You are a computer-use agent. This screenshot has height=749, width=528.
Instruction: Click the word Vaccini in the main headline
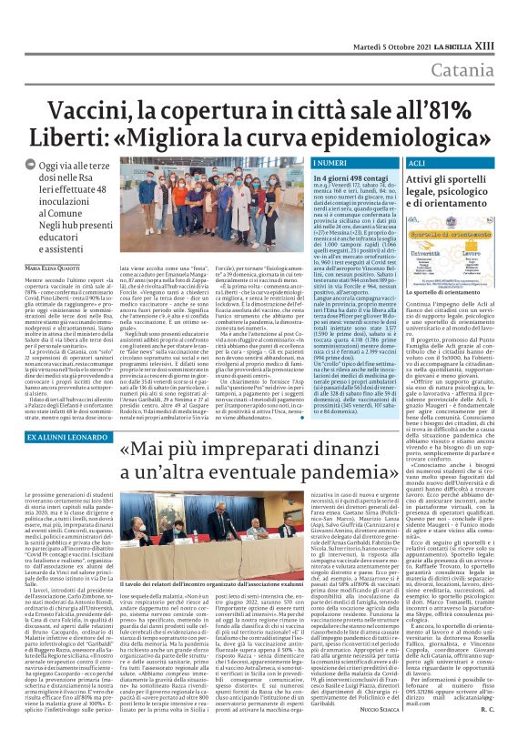pos(103,86)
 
